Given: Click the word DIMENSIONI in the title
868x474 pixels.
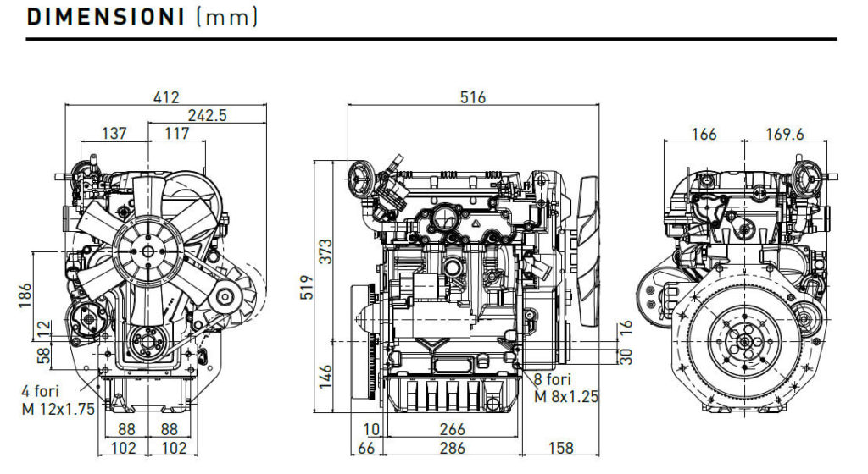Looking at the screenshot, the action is [x=105, y=17].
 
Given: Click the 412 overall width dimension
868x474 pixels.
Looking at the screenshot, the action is [x=166, y=98].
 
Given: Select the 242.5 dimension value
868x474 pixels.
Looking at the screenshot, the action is [x=207, y=115].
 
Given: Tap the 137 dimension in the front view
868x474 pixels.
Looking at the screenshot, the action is [x=114, y=133].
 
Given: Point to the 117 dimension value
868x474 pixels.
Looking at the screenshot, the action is [x=177, y=133].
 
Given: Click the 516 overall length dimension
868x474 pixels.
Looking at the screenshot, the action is [x=473, y=98].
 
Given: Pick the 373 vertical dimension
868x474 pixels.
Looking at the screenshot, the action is [x=326, y=251].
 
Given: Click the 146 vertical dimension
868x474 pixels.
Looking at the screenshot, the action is [x=325, y=377].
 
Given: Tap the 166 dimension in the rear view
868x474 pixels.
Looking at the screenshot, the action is [x=704, y=135].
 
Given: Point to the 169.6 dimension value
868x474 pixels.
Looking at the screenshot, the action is [x=784, y=135].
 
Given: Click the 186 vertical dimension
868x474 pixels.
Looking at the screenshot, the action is [x=25, y=295].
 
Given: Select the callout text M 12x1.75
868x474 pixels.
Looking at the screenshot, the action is [x=58, y=410].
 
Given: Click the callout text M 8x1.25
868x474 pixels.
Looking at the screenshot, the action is [x=566, y=397].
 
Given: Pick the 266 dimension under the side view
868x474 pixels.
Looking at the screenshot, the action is [x=453, y=429].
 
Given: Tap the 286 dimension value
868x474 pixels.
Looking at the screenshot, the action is [x=453, y=448].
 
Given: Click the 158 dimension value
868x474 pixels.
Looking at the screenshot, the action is [x=561, y=448].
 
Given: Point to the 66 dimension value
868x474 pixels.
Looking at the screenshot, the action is [x=366, y=448].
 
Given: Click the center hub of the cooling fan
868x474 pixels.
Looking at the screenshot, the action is [x=147, y=252].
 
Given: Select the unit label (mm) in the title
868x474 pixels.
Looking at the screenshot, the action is [x=227, y=17].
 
